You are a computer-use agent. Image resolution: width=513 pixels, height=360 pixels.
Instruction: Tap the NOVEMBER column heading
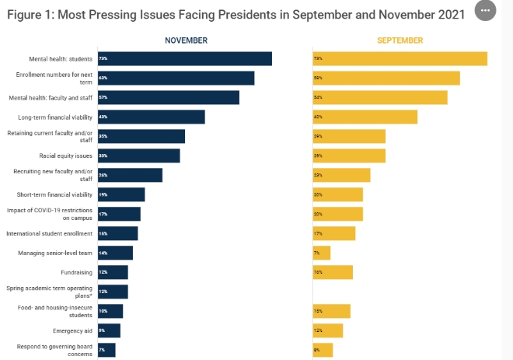(186, 40)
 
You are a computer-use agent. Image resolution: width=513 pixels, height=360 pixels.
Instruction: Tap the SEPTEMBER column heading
(400, 40)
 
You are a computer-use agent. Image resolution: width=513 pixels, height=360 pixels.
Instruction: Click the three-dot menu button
(485, 11)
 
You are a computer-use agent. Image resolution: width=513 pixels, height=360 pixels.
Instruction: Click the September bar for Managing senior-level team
(321, 253)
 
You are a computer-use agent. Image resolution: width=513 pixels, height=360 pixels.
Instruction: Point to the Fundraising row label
(76, 272)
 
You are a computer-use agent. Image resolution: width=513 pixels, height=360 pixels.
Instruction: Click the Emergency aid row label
(73, 330)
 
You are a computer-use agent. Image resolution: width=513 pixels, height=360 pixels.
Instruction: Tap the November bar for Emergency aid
(108, 330)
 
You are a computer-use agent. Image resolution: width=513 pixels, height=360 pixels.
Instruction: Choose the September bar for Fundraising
(332, 272)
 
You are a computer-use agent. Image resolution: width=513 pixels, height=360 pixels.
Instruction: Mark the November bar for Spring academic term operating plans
(112, 292)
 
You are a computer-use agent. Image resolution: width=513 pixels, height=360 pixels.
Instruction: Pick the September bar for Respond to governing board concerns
(323, 350)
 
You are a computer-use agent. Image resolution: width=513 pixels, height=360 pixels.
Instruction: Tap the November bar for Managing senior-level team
(114, 253)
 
